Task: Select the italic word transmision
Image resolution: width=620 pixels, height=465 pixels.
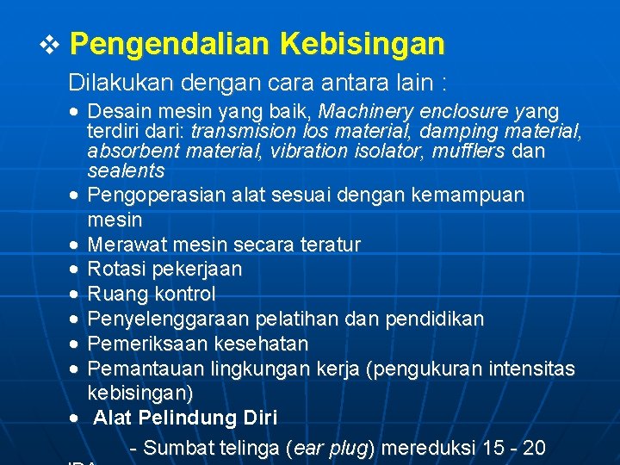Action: (x=244, y=132)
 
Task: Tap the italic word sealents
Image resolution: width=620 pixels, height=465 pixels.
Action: (x=126, y=170)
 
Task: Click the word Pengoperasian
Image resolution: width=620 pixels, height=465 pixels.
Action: (x=158, y=195)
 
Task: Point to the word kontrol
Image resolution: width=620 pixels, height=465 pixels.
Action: (x=183, y=294)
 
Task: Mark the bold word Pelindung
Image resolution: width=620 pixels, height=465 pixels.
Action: (x=187, y=418)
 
